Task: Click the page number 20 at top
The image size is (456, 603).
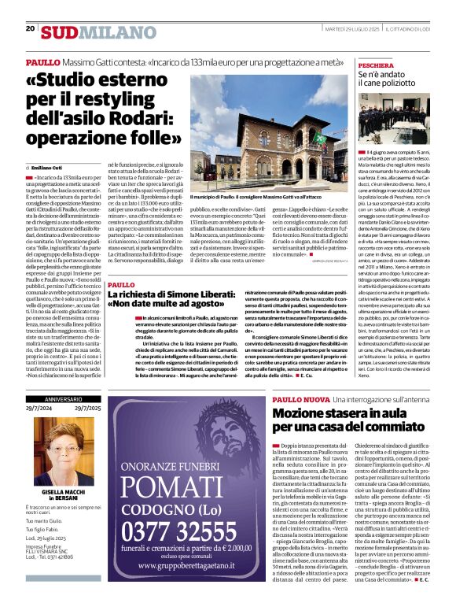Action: tap(31, 28)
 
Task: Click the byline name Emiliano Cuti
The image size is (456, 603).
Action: tap(49, 168)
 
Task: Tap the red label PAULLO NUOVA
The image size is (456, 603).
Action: tap(301, 401)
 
